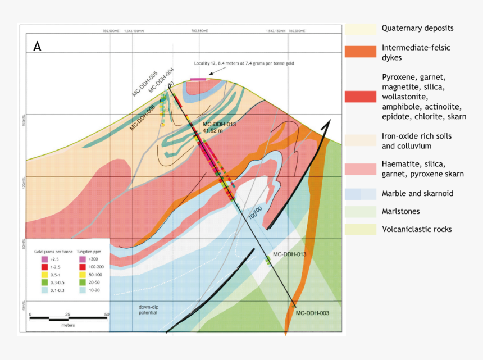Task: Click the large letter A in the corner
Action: click(38, 47)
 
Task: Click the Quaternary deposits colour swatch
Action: click(360, 29)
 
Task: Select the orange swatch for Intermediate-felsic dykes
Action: click(360, 52)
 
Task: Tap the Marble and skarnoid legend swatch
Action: click(360, 194)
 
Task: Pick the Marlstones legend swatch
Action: click(360, 212)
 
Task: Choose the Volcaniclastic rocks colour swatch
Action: click(360, 229)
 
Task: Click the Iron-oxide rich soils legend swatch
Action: click(360, 141)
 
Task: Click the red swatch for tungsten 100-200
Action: click(83, 268)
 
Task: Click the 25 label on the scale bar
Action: click(68, 314)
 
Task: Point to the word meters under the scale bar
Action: click(69, 325)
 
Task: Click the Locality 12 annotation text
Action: click(244, 63)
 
